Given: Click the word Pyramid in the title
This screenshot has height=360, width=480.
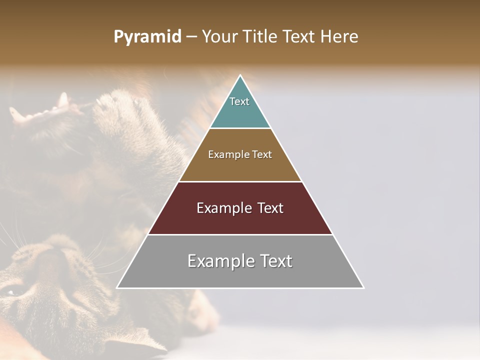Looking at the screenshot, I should (x=147, y=37).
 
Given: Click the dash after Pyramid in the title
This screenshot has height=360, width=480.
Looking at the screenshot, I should (x=191, y=37).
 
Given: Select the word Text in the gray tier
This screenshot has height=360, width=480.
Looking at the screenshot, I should (x=275, y=261).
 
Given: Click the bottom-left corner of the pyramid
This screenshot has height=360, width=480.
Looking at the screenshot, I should (x=117, y=288).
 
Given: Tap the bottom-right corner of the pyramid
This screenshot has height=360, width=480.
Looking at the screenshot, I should (x=363, y=288).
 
